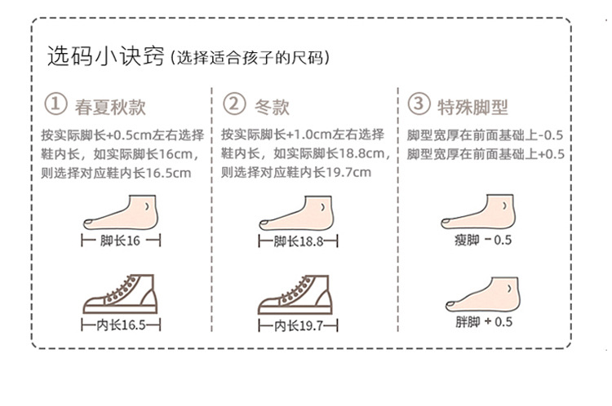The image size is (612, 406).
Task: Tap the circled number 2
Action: pyautogui.click(x=234, y=105)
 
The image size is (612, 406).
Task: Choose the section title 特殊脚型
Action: pyautogui.click(x=473, y=106)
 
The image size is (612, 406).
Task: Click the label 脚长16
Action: pyautogui.click(x=120, y=241)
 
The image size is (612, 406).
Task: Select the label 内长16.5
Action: pyautogui.click(x=121, y=325)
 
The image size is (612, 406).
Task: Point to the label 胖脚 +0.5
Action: pyautogui.click(x=484, y=322)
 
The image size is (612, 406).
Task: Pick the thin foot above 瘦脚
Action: pyautogui.click(x=481, y=212)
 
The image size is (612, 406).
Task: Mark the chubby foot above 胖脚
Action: pyautogui.click(x=482, y=293)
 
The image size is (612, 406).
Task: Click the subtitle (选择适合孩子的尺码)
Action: pyautogui.click(x=248, y=59)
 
